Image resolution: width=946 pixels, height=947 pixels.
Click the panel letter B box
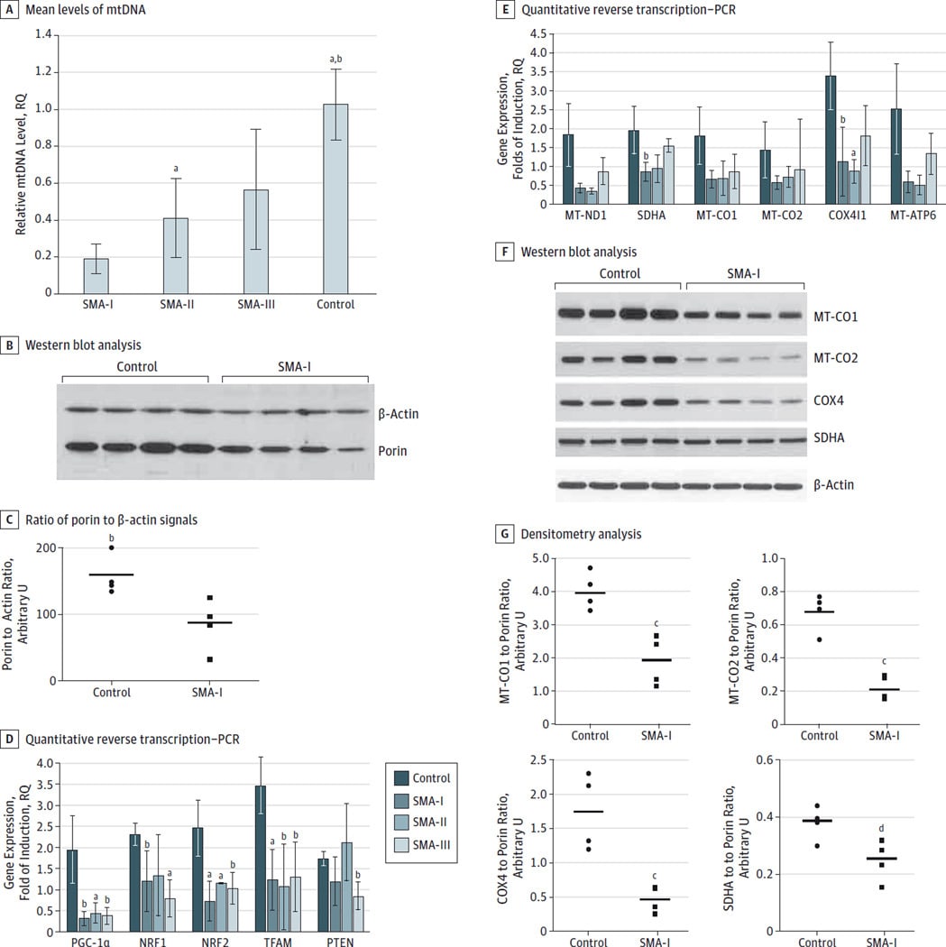(x=11, y=345)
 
